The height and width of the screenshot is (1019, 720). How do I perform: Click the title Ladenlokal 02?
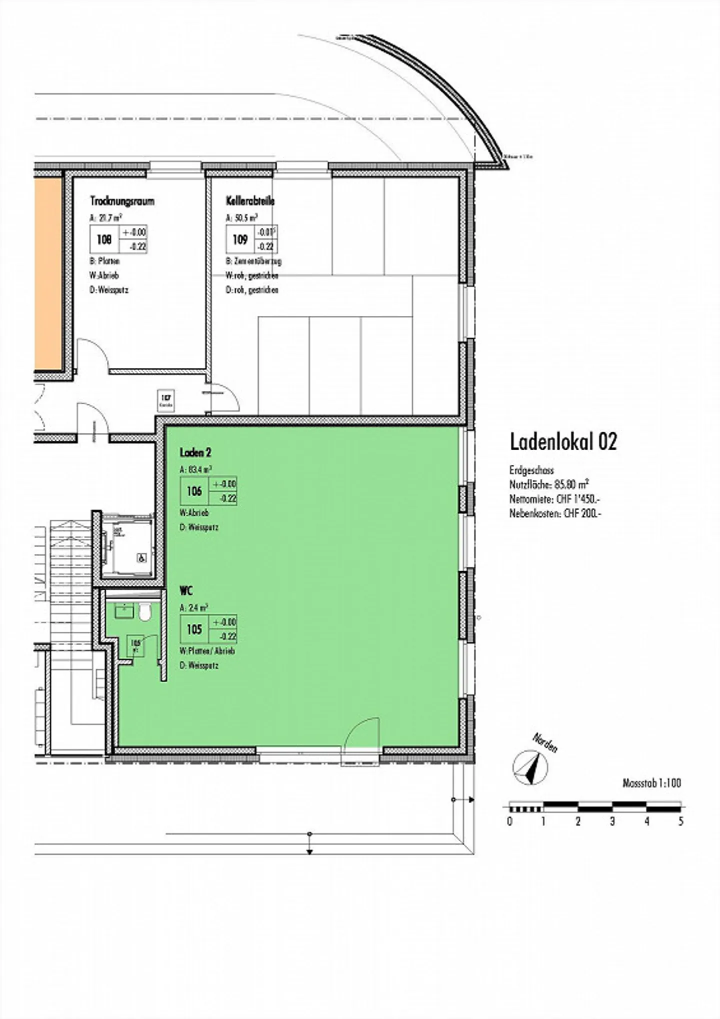click(563, 442)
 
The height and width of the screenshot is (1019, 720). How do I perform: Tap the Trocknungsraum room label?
click(122, 201)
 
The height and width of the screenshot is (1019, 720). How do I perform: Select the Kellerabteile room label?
click(250, 201)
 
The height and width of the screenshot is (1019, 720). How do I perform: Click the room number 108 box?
click(104, 240)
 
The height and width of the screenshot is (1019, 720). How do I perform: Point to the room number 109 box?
click(240, 240)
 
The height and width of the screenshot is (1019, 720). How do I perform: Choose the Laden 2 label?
click(195, 452)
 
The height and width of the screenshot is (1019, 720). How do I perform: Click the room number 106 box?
click(194, 491)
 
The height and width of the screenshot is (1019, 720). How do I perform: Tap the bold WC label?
click(186, 591)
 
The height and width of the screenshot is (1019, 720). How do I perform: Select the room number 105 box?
click(194, 629)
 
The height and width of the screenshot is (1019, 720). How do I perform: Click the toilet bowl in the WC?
click(145, 612)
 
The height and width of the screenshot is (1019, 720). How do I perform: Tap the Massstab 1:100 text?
click(651, 783)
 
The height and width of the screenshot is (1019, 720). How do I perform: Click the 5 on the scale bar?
click(680, 821)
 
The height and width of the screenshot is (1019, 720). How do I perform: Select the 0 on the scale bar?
click(509, 821)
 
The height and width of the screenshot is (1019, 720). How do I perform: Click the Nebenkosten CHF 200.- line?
click(555, 513)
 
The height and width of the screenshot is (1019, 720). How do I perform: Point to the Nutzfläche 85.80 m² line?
click(549, 484)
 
